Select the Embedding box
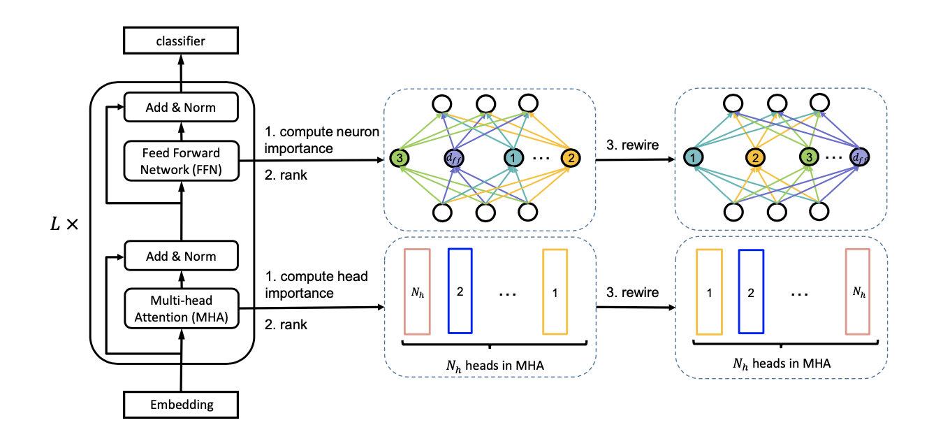click(x=181, y=403)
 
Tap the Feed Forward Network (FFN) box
click(x=181, y=161)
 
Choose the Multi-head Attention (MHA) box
click(x=181, y=309)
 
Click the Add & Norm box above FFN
click(x=181, y=108)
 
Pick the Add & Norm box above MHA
click(x=181, y=257)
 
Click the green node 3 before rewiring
click(x=399, y=158)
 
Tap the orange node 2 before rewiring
click(x=571, y=158)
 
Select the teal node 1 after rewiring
click(x=692, y=158)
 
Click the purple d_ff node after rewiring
click(x=859, y=158)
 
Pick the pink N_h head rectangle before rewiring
click(x=416, y=291)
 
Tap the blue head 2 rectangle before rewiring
click(x=460, y=290)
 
